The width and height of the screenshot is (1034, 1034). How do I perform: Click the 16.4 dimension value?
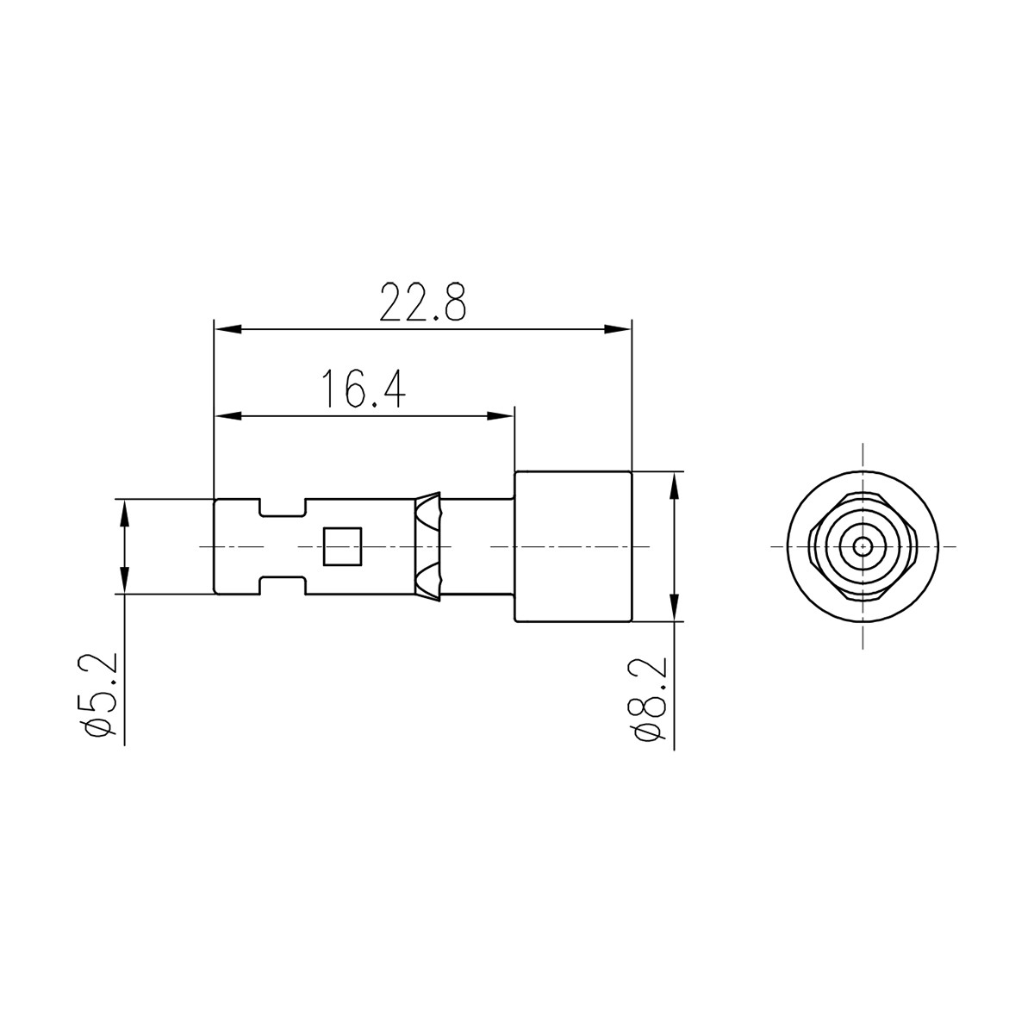(363, 389)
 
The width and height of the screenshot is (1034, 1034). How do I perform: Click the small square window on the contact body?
(340, 546)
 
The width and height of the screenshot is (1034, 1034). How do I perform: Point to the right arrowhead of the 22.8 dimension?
(618, 329)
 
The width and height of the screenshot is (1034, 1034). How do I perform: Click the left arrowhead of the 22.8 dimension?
(227, 329)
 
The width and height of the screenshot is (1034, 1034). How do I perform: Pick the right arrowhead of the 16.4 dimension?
(501, 416)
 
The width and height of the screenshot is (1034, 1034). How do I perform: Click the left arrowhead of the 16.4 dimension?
(227, 416)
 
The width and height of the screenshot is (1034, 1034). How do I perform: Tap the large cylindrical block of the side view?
(573, 546)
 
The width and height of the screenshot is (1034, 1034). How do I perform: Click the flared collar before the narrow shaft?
(427, 546)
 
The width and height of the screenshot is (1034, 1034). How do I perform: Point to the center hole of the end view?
(863, 546)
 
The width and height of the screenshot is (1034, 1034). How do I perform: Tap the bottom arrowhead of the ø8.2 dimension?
(674, 607)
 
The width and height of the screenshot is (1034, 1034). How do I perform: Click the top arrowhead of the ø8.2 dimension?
(674, 486)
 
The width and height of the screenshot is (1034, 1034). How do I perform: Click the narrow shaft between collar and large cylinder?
(477, 546)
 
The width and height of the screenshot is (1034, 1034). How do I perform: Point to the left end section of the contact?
(235, 546)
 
